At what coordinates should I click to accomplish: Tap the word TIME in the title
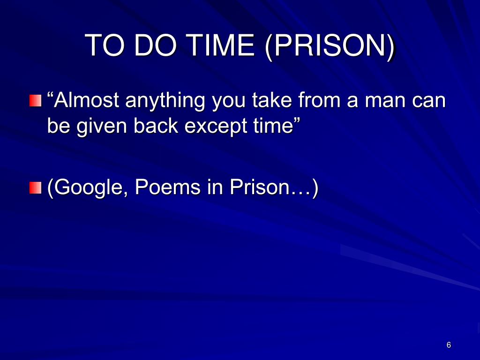point(218,45)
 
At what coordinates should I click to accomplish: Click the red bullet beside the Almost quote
point(35,101)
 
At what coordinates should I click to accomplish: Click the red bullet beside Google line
point(35,188)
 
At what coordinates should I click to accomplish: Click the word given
point(103,127)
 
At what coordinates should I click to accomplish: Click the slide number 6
point(449,345)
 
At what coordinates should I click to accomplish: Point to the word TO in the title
point(104,45)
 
